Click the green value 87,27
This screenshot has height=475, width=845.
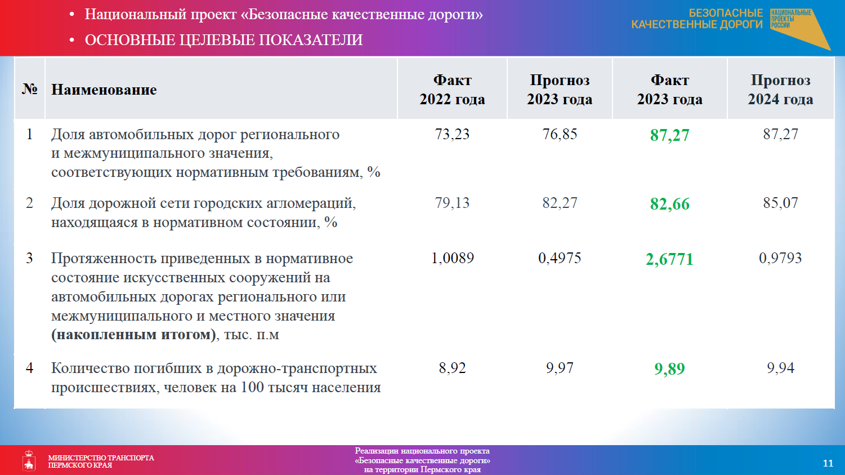pos(669,135)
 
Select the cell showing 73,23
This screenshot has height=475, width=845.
pos(452,134)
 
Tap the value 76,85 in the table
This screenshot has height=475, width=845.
pos(560,134)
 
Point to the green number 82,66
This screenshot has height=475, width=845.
pos(669,204)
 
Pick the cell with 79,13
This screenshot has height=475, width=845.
pos(452,203)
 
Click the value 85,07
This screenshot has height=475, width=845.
pos(780,203)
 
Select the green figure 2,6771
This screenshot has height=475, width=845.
pos(669,259)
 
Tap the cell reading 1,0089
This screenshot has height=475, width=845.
pos(452,258)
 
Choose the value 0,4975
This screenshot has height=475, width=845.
pos(560,258)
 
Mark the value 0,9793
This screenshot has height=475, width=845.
pos(780,258)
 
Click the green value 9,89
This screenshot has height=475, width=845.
pos(669,369)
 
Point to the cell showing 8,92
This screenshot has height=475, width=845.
pos(452,368)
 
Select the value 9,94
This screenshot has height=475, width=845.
pos(780,368)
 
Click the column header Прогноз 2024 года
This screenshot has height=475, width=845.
pos(780,90)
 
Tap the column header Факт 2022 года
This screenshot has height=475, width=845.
pos(452,90)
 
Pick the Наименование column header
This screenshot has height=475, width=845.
pos(104,90)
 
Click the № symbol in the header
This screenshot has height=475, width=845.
pos(29,89)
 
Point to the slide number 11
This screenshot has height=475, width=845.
pos(828,463)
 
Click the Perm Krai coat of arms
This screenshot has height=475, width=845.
pos(29,460)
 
